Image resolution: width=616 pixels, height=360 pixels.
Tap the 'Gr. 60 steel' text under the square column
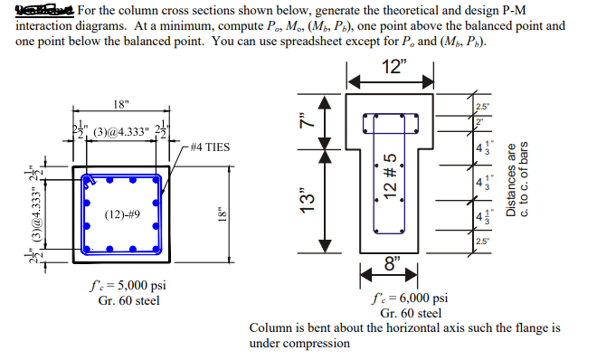coord(128,300)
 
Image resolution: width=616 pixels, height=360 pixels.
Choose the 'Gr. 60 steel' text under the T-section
coord(411,313)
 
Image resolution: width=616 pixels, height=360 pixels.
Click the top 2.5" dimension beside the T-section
coord(480,107)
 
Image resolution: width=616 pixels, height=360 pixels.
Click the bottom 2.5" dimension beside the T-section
coord(479,240)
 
